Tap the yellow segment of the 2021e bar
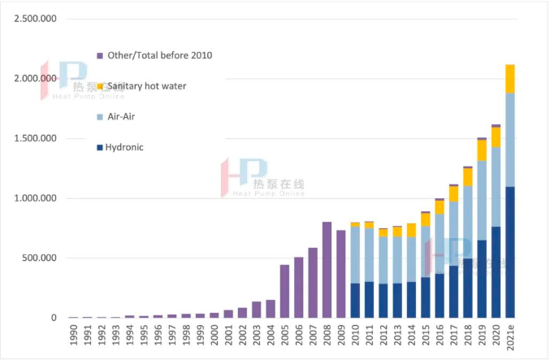pos(510,79)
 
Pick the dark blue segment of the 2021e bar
pos(510,252)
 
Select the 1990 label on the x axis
pos(73,336)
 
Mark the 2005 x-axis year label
pos(284,336)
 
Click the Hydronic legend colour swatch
pos(99,147)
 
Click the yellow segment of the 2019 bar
pos(482,150)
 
